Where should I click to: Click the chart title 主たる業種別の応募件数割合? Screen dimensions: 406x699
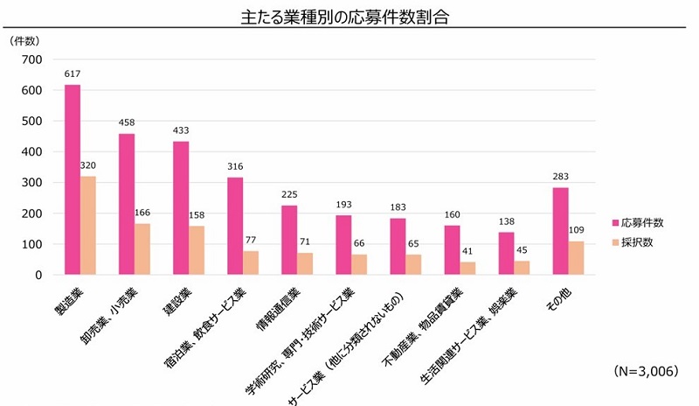pos(349,17)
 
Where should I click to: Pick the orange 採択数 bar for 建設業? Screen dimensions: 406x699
pos(197,250)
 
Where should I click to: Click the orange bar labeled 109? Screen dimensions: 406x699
pos(576,258)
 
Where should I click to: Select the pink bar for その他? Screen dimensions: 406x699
pos(560,231)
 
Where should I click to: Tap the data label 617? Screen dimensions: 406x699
pos(73,74)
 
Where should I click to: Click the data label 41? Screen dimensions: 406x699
pos(467,252)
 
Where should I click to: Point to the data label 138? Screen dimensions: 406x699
pos(506,222)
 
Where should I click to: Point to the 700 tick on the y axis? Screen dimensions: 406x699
pos(32,59)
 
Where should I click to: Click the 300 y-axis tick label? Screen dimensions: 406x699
pos(32,183)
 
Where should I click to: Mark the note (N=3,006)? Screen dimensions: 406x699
pos(646,371)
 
